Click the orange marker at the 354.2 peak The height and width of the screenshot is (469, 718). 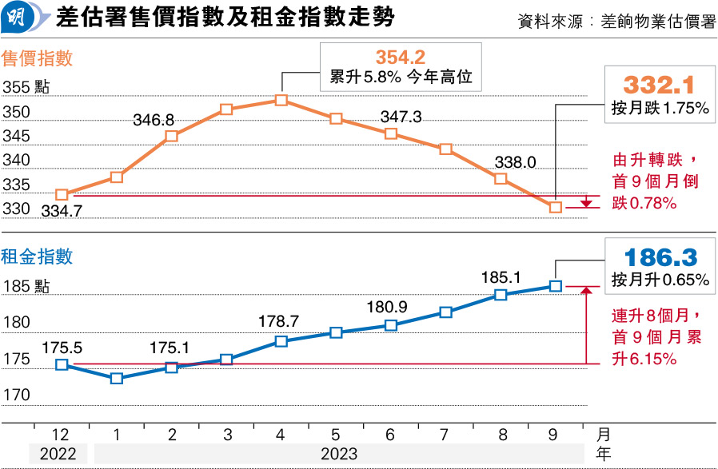tap(281, 100)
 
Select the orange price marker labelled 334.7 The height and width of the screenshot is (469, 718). tap(62, 194)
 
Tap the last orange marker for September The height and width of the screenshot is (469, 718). tap(556, 207)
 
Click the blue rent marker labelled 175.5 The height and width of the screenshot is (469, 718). tap(62, 364)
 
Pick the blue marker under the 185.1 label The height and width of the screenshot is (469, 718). tap(501, 295)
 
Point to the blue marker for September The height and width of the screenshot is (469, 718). tap(556, 286)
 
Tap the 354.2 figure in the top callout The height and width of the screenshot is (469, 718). tap(400, 58)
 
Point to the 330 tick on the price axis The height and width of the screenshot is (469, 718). tap(16, 209)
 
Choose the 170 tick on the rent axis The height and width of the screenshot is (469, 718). tap(16, 395)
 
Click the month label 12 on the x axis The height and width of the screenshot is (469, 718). tap(61, 435)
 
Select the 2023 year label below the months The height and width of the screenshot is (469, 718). tap(339, 454)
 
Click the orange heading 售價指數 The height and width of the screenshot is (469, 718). tap(38, 58)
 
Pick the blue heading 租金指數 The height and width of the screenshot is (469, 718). tap(38, 256)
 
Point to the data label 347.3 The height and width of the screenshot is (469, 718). tap(401, 117)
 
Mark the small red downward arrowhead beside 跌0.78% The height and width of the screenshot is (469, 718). tap(586, 204)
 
